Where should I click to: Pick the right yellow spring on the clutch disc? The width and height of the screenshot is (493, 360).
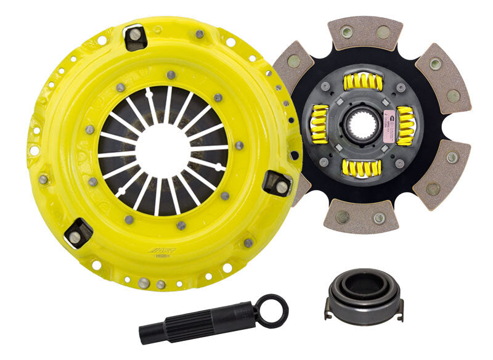point(405,126)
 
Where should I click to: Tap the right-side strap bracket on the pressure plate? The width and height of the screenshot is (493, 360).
point(277,184)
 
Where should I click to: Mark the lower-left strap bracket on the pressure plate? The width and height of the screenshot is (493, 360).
point(78,233)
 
